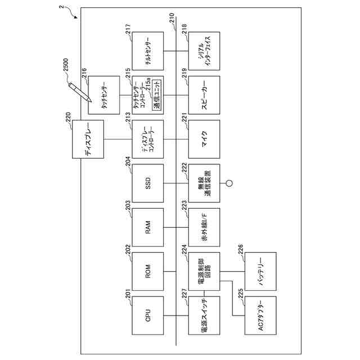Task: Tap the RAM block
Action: [147, 227]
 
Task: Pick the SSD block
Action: [147, 183]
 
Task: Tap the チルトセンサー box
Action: [147, 51]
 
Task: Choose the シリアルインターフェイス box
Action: [204, 51]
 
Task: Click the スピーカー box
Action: [204, 95]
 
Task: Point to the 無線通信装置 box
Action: [204, 183]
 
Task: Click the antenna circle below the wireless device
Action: [229, 183]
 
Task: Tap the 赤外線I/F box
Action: [204, 227]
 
